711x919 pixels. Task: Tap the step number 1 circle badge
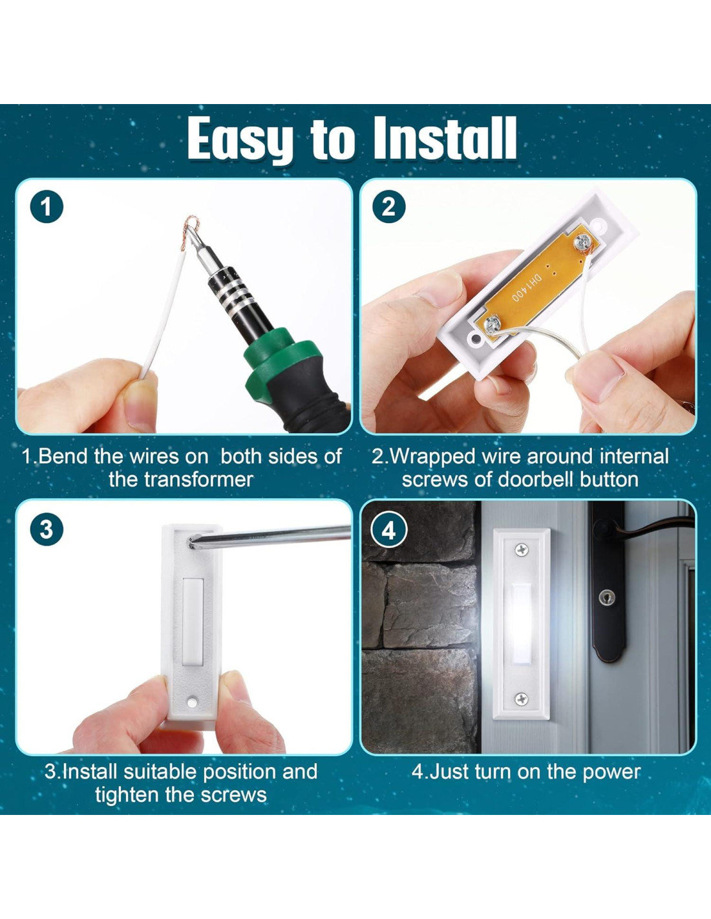(47, 207)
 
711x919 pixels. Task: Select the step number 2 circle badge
(388, 207)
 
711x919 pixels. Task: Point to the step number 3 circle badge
(47, 529)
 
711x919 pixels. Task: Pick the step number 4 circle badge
(388, 529)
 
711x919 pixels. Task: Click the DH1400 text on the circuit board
(527, 288)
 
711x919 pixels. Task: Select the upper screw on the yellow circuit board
(580, 244)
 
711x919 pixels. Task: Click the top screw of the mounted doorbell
(522, 549)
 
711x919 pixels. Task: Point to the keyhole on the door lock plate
(606, 597)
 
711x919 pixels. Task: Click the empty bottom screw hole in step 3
(193, 702)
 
